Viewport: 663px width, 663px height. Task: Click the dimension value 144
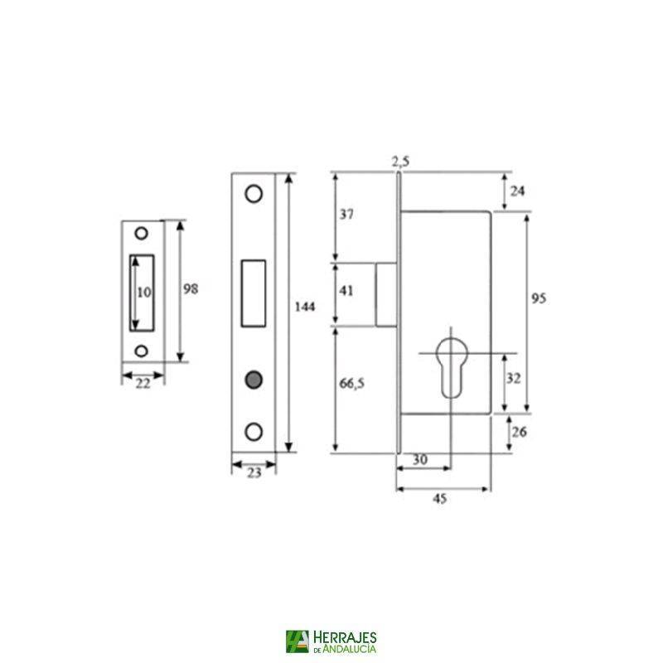pyautogui.click(x=307, y=307)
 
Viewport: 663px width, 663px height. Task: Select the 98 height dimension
pyautogui.click(x=191, y=288)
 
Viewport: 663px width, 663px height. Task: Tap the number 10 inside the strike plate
pyautogui.click(x=143, y=292)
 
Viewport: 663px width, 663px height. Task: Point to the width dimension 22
pyautogui.click(x=143, y=383)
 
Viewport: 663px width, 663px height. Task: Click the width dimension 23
pyautogui.click(x=254, y=473)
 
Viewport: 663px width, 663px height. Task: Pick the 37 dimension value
pyautogui.click(x=347, y=215)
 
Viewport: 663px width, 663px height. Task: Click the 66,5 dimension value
pyautogui.click(x=351, y=385)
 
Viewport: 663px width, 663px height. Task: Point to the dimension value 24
pyautogui.click(x=517, y=191)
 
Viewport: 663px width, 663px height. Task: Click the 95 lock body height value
pyautogui.click(x=540, y=298)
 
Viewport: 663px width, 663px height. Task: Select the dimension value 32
pyautogui.click(x=514, y=378)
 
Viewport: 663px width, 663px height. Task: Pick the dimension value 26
pyautogui.click(x=520, y=432)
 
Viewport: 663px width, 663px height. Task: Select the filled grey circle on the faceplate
pyautogui.click(x=253, y=380)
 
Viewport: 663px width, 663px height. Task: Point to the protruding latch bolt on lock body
pyautogui.click(x=387, y=293)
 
